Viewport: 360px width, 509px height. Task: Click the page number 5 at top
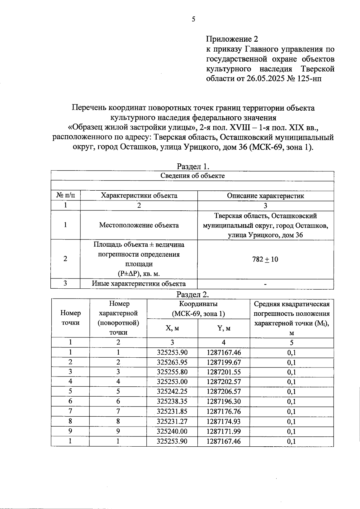(x=193, y=19)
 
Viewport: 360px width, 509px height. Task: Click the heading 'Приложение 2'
(x=232, y=39)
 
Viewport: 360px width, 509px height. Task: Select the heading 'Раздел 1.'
(x=193, y=166)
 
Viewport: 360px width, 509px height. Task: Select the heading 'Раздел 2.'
(x=193, y=294)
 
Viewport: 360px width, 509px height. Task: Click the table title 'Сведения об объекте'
(x=193, y=176)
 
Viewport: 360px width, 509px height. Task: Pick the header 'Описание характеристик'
(x=265, y=196)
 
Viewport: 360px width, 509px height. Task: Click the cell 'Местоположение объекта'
(x=139, y=225)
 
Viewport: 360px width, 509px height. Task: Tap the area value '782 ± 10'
(x=265, y=260)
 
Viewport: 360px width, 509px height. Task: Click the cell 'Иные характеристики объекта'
(x=139, y=284)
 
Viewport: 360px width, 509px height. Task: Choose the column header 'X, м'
(x=172, y=328)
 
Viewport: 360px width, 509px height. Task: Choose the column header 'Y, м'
(x=224, y=328)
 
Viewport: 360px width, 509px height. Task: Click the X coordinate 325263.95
(x=172, y=362)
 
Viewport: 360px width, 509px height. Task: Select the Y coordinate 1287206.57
(x=224, y=392)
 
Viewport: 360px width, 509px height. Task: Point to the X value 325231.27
(x=172, y=421)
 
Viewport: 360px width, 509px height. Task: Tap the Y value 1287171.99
(x=224, y=431)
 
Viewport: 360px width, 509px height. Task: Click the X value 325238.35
(x=172, y=402)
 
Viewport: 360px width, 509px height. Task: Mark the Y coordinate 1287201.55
(x=224, y=372)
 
